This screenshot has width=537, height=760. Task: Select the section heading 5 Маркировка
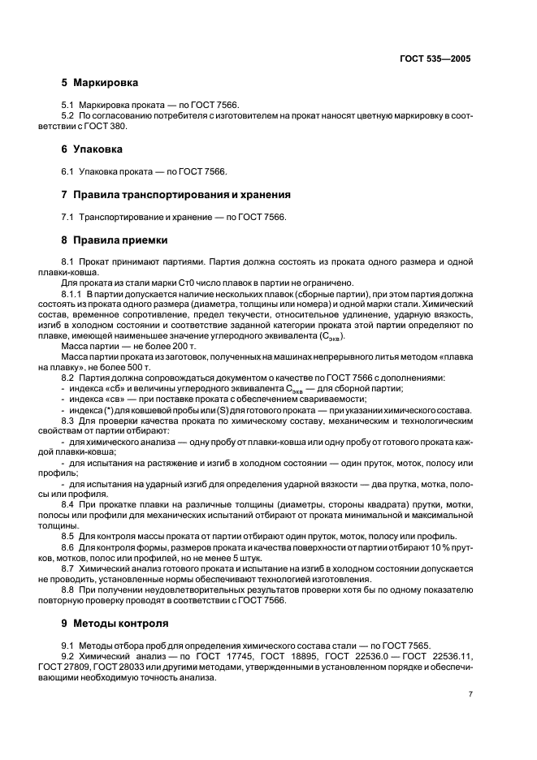tap(99, 83)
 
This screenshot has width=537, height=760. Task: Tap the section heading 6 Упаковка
tap(92, 149)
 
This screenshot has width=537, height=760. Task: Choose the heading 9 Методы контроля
tap(115, 624)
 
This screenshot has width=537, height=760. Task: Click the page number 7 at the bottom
tap(470, 694)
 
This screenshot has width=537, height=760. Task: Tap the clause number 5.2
tap(68, 115)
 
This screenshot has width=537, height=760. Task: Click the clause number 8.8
tap(68, 590)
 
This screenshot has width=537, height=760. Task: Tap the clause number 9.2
tap(68, 656)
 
